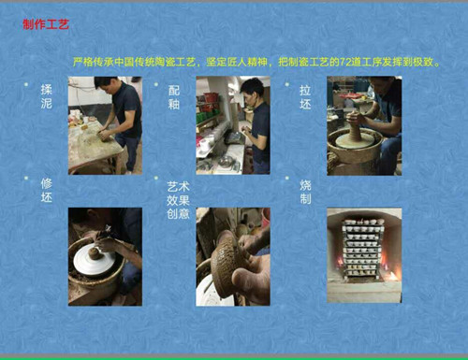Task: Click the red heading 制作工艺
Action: point(46,24)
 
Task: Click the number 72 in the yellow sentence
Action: point(344,63)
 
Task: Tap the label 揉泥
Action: point(46,96)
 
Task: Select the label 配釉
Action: point(174,97)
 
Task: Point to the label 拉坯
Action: point(305,97)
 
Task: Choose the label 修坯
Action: point(46,191)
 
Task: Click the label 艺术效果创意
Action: point(178,200)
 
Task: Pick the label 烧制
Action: point(305,192)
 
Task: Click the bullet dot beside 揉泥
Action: point(26,84)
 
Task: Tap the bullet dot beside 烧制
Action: point(287,178)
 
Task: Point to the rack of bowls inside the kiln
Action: point(363,249)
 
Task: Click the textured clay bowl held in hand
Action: point(227,264)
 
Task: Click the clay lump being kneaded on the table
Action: point(106,136)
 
